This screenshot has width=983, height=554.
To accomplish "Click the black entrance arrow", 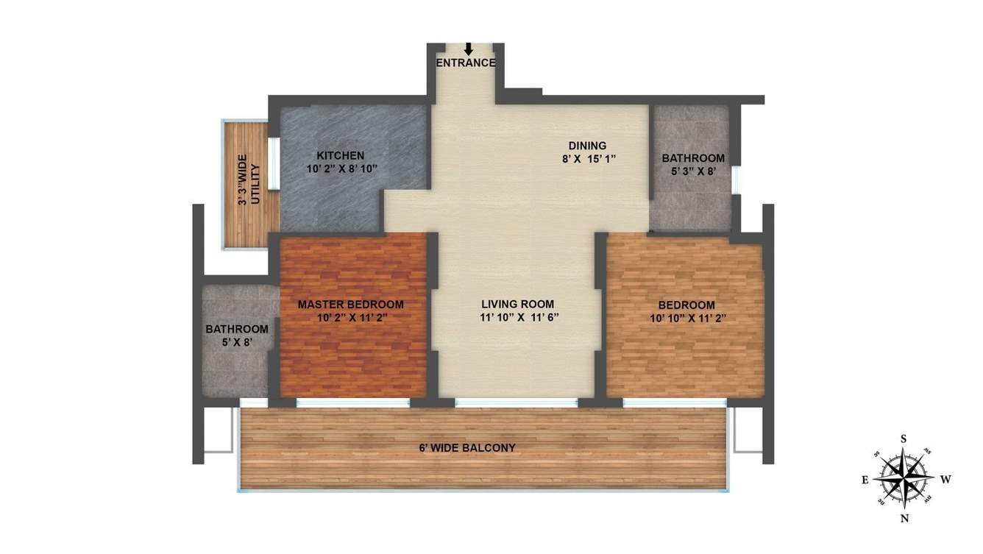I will coord(468,49).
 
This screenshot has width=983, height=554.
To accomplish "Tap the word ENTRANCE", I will coord(466,63).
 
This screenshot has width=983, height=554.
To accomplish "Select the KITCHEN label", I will coord(340,156).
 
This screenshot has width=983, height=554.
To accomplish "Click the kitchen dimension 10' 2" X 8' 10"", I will coord(341,168).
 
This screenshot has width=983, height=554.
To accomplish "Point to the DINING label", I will coord(587,146).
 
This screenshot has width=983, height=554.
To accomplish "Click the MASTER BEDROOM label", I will coord(350,305).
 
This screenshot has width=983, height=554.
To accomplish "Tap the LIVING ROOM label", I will coord(517,305).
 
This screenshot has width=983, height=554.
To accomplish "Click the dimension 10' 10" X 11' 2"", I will coord(686,318).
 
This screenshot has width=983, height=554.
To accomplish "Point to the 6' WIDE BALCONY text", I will coord(467,447).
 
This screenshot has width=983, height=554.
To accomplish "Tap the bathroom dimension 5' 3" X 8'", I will coord(692,171).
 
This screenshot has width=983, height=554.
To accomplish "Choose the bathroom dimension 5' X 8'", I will coord(236,341).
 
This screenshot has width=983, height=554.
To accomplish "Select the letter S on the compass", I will coord(904,439).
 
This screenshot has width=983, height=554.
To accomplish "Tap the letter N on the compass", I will coord(904,518).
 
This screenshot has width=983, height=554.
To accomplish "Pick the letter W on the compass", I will coord(945,480).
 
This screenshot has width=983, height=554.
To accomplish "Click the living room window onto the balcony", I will coord(516,402).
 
